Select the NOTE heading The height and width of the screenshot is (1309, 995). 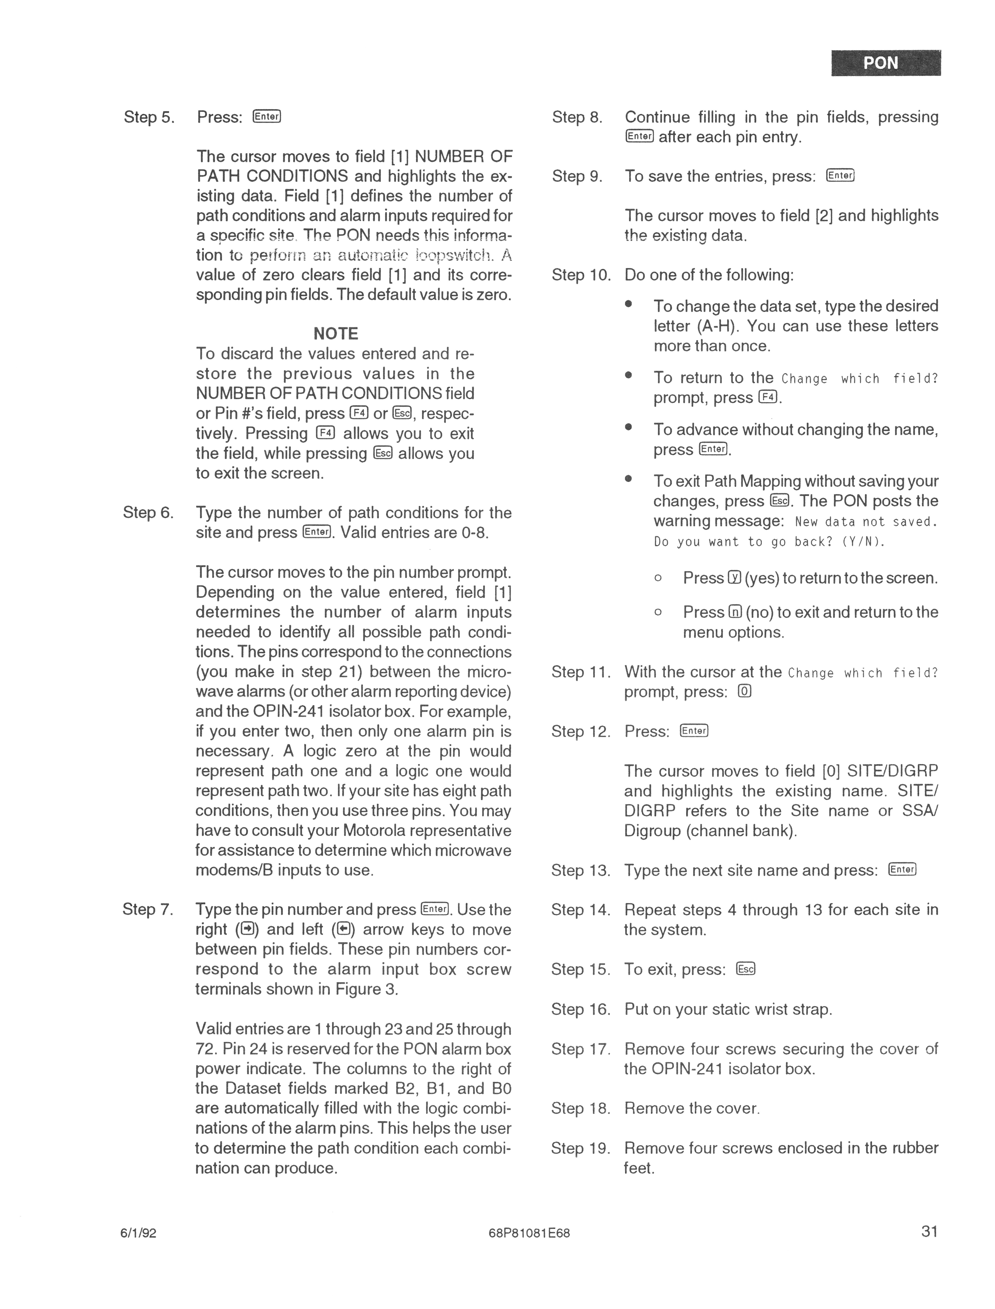tap(336, 333)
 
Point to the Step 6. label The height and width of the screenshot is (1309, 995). tap(148, 512)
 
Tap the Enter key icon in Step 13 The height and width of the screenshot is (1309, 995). tap(902, 870)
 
